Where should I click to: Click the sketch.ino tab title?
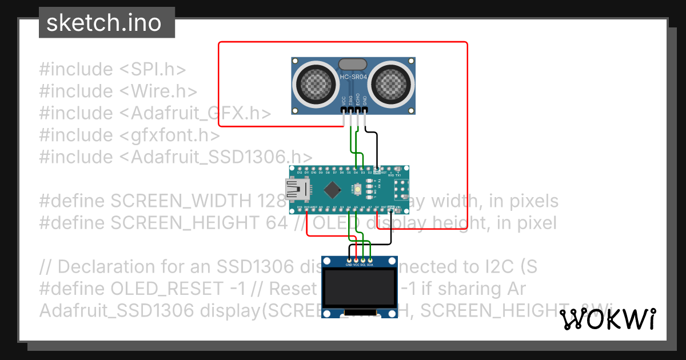tap(103, 23)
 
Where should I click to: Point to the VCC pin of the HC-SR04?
tap(344, 110)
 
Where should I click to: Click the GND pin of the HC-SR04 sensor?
tap(364, 110)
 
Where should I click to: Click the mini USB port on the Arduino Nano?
tap(296, 189)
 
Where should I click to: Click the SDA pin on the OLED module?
tap(370, 261)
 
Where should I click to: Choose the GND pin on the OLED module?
tap(349, 261)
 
